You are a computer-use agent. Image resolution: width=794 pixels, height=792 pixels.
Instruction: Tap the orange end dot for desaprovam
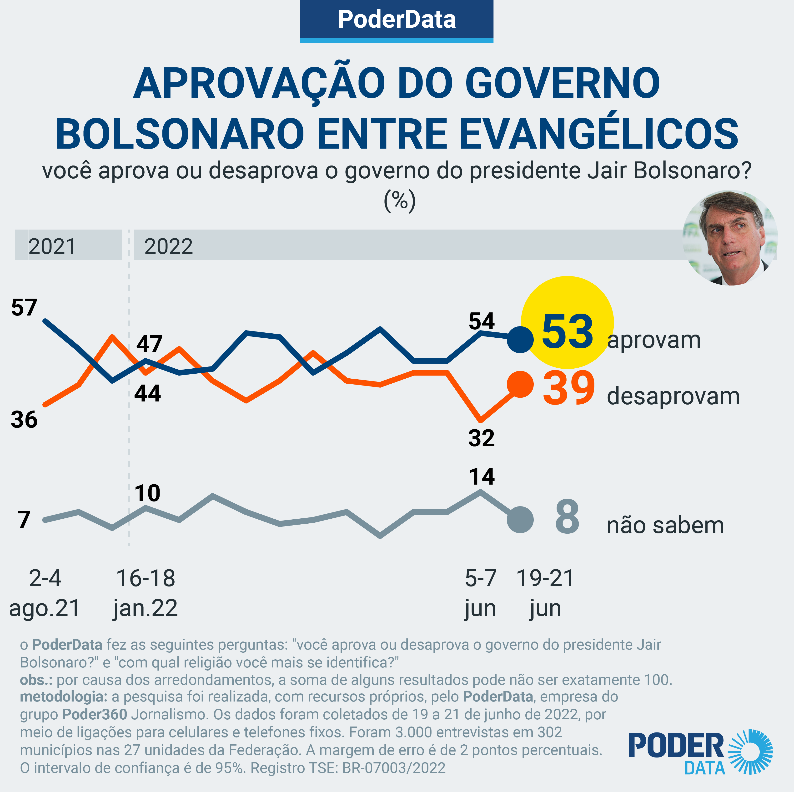520,384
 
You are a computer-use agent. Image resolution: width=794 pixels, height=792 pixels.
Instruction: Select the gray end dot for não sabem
520,520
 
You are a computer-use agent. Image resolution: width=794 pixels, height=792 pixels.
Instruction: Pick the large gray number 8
567,517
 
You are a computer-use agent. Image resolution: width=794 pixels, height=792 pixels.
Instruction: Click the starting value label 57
24,307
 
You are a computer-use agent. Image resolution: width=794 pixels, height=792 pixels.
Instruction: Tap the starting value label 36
24,420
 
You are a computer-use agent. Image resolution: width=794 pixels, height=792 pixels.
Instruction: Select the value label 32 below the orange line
481,438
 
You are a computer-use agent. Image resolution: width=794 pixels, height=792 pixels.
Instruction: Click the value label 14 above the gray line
482,476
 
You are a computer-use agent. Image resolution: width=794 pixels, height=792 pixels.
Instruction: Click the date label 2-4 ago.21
45,593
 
